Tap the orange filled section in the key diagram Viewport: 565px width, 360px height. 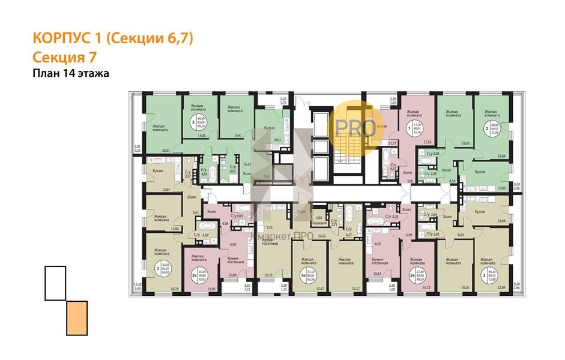[76, 317]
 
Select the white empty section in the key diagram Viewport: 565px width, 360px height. [55, 283]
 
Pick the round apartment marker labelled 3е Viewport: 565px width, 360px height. [297, 275]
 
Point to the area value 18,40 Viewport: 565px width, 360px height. [465, 144]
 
